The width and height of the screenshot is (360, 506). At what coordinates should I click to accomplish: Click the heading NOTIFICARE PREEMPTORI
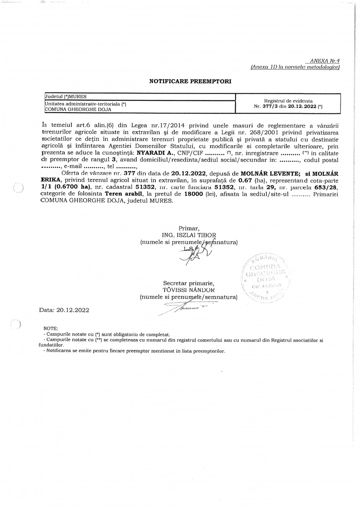coord(190,81)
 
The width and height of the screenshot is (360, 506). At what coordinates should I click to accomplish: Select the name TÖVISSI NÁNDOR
coord(188,290)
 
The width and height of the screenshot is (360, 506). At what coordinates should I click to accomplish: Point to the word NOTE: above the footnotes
coord(51,328)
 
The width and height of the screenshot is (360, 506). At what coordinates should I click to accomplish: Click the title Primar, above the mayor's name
coord(189,228)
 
